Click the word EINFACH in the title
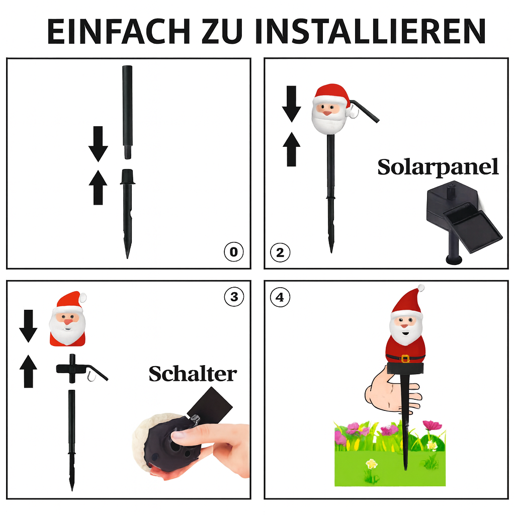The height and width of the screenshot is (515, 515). click(x=119, y=31)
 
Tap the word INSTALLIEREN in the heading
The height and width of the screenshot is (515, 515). click(x=370, y=31)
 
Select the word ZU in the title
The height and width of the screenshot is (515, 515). click(x=222, y=31)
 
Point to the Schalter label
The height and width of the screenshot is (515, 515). click(x=193, y=374)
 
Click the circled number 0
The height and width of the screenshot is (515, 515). click(x=233, y=252)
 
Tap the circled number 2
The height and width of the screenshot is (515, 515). click(x=280, y=252)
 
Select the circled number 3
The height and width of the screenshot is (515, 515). click(x=234, y=297)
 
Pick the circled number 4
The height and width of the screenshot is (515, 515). click(x=280, y=297)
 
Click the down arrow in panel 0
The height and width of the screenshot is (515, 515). click(x=98, y=144)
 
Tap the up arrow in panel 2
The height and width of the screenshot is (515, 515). click(x=291, y=149)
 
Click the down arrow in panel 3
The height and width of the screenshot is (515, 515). click(x=29, y=326)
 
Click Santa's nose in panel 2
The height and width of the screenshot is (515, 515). click(x=327, y=113)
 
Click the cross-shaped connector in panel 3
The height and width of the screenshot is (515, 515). click(x=72, y=369)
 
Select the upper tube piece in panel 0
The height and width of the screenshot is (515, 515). click(x=127, y=112)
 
